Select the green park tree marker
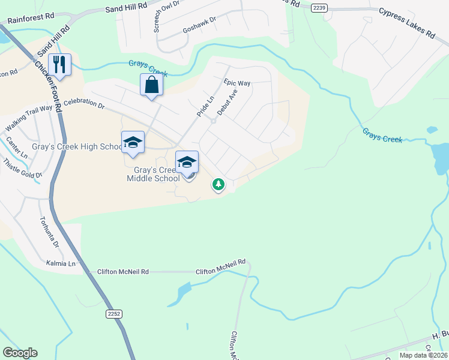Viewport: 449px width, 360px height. tap(218, 184)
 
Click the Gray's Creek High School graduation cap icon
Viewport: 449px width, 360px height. tap(133, 142)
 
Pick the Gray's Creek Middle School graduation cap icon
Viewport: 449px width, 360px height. tap(187, 161)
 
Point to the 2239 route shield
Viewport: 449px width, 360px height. tap(319, 8)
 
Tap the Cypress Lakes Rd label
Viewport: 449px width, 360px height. tap(406, 23)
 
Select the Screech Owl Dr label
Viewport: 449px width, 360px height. tap(158, 16)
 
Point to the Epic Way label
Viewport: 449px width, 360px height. tap(237, 82)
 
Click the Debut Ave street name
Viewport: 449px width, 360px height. tap(228, 103)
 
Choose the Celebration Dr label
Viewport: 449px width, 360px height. tap(84, 103)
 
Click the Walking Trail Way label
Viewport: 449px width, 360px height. tap(29, 119)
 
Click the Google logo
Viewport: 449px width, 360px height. tap(20, 353)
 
